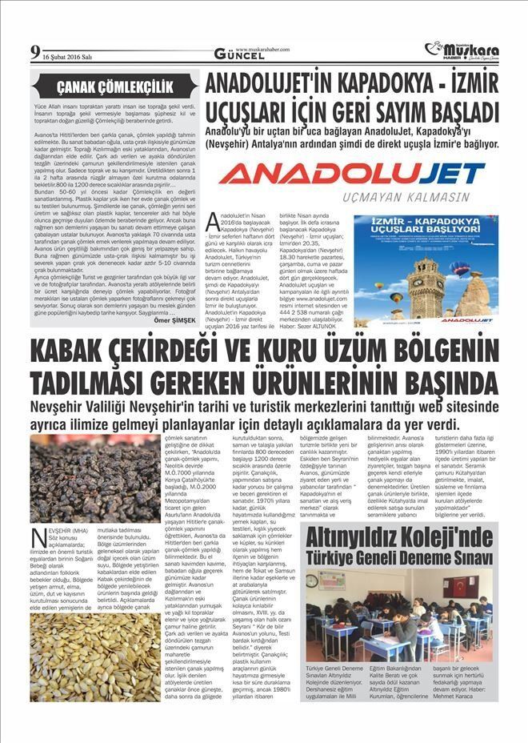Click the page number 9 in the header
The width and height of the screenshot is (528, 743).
pyautogui.click(x=35, y=54)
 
